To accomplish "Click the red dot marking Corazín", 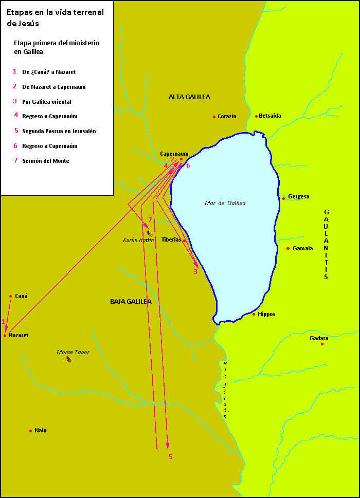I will pos(214,117).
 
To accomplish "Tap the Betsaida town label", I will pos(270,116).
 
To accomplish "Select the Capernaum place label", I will pos(174,153).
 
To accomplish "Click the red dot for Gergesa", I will pos(283,198).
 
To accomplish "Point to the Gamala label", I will pos(302,249).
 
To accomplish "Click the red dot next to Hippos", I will pos(254,314).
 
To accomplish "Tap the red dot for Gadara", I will pos(322,344).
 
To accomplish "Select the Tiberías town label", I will pos(171,239).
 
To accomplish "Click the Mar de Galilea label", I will pos(225,203).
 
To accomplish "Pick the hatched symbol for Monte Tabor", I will pos(68,359).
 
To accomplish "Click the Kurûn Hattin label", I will pos(138,240).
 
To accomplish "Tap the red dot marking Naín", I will pos(30,431).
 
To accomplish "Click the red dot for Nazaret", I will pos(5,336).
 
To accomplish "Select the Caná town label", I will pos(21,296).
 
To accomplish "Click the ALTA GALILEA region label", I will pos(189,97).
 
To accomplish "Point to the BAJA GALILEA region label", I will pos(131,302).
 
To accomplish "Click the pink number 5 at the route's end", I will pos(171,456).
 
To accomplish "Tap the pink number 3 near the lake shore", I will pos(195,272).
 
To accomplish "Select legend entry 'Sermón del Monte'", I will pos(45,161).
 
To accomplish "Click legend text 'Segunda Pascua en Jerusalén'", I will pos(59,131).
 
